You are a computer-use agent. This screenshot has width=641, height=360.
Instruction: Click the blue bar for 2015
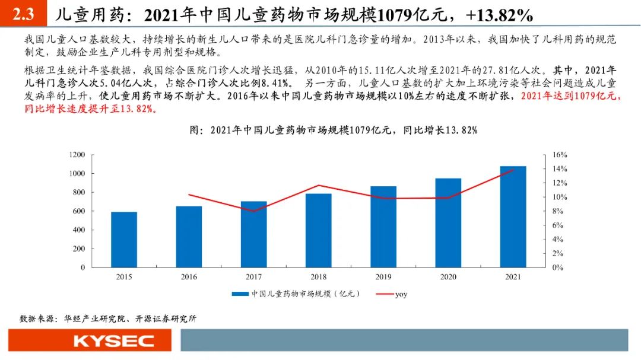click(124, 240)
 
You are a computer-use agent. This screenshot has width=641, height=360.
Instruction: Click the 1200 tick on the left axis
click(78, 155)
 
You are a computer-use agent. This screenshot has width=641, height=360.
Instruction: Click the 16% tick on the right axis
click(560, 155)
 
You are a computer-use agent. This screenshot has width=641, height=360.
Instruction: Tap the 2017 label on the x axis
click(254, 277)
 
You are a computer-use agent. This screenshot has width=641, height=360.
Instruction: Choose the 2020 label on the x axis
click(448, 277)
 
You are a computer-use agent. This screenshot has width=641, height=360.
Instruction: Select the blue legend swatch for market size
click(240, 294)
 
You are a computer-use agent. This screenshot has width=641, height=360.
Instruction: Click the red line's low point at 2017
click(254, 211)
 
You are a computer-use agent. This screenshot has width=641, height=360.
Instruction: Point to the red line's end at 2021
click(513, 170)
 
